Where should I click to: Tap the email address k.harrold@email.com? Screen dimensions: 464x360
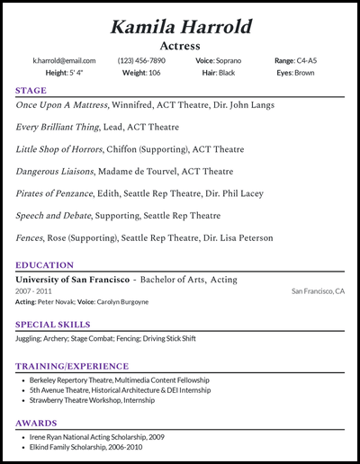click(57, 60)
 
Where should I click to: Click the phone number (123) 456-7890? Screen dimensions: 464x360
click(142, 60)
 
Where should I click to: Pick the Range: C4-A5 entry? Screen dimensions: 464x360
click(296, 60)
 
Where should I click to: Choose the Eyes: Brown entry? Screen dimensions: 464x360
click(296, 72)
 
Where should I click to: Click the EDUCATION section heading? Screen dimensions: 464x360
click(44, 265)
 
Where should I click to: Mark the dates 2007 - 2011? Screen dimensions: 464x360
click(34, 291)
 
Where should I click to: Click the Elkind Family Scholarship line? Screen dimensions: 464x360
click(86, 446)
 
